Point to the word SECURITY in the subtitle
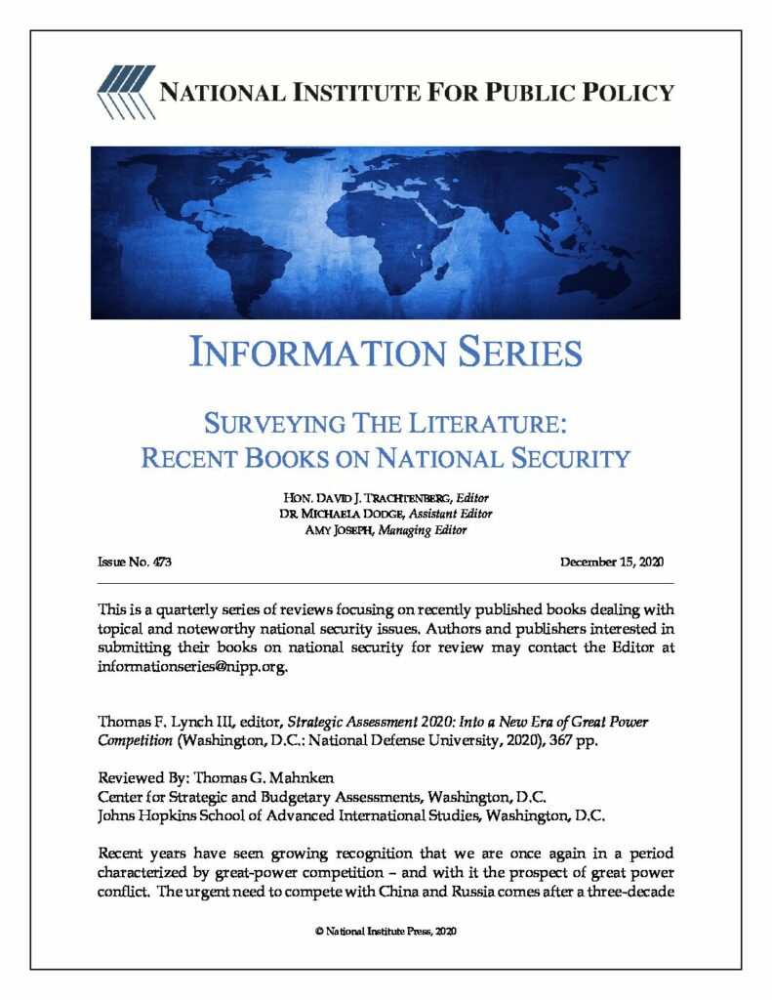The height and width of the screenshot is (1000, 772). click(565, 457)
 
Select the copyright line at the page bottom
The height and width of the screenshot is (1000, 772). click(386, 931)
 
